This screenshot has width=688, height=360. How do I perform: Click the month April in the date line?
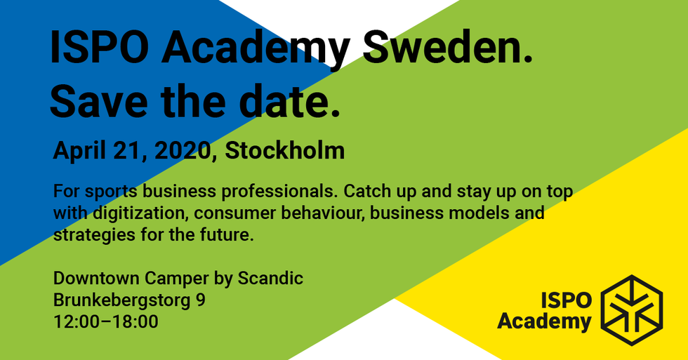[79, 151]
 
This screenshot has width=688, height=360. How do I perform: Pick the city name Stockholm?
[285, 151]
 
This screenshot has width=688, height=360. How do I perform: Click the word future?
[227, 235]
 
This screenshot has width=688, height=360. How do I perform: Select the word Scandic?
[270, 279]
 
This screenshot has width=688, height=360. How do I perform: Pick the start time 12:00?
[74, 322]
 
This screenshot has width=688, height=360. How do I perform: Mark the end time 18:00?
[137, 322]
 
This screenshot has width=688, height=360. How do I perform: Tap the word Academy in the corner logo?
[544, 321]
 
